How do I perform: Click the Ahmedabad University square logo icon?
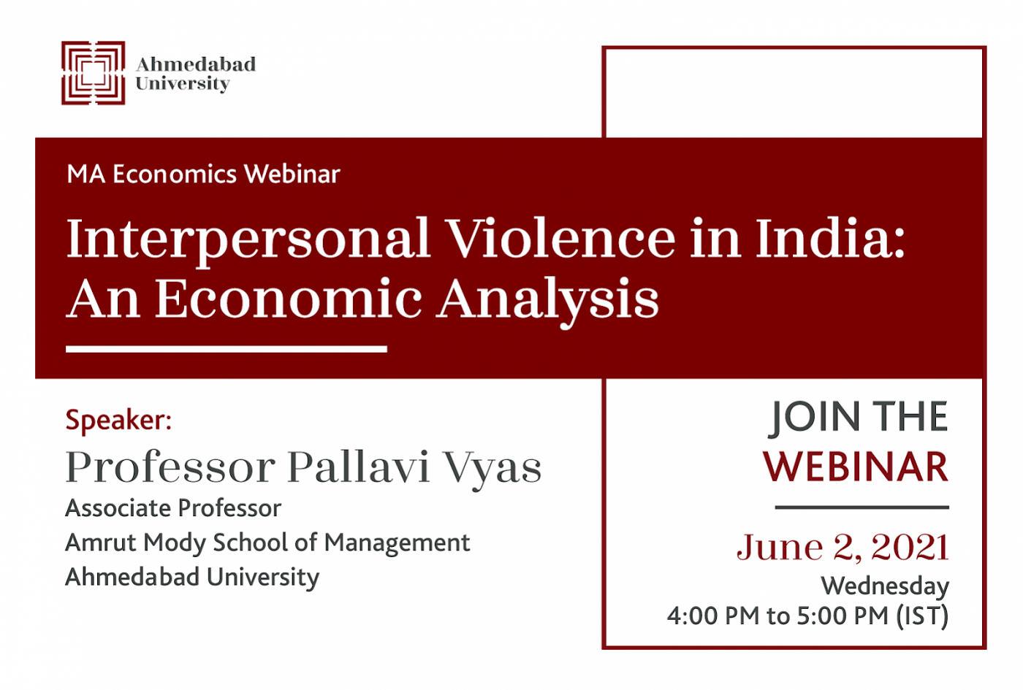click(x=94, y=73)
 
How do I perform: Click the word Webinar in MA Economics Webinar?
click(x=292, y=174)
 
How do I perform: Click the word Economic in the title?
click(x=289, y=299)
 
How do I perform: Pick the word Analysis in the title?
click(x=548, y=301)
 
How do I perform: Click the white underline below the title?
click(x=227, y=349)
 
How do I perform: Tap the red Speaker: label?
click(x=118, y=421)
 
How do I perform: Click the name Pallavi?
click(x=359, y=467)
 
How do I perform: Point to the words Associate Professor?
click(x=174, y=508)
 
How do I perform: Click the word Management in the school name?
click(x=397, y=544)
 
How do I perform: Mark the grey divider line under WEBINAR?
click(x=862, y=507)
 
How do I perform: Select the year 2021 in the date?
click(x=910, y=547)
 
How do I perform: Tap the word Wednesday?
click(x=885, y=586)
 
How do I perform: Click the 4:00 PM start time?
click(x=713, y=616)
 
